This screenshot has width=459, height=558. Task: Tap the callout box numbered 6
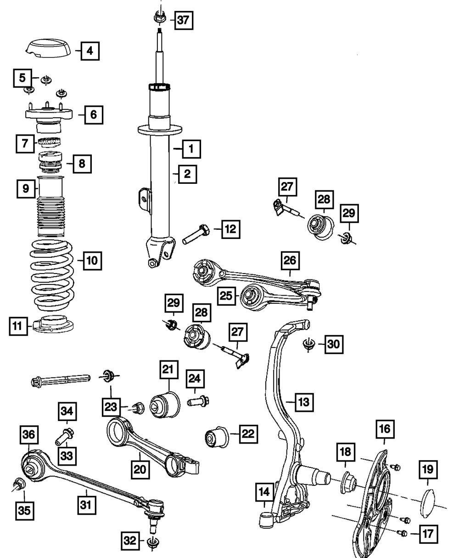coord(93,114)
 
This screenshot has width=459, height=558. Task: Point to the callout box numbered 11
coord(17,327)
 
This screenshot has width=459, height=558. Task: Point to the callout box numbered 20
coord(140,469)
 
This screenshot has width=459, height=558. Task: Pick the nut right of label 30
coord(308,344)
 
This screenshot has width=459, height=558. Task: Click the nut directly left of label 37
coord(158,19)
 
